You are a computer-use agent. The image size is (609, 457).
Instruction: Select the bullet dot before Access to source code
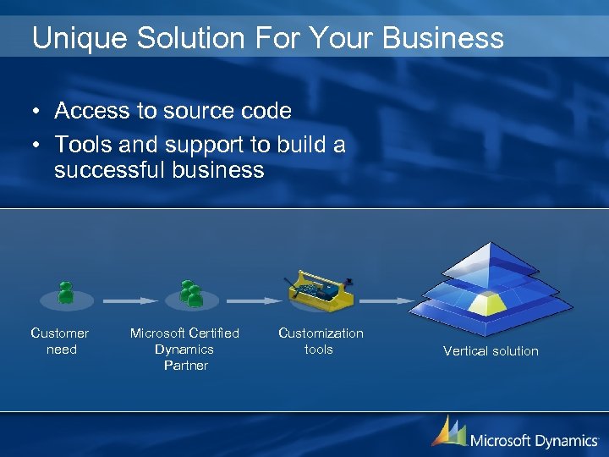[37, 112]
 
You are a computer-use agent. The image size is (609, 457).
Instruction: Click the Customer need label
[60, 341]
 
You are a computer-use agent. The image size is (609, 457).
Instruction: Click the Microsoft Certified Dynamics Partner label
[184, 349]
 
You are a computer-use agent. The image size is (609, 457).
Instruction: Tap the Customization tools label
[321, 341]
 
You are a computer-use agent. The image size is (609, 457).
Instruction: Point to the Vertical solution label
[491, 351]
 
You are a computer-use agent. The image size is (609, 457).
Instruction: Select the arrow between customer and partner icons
[129, 300]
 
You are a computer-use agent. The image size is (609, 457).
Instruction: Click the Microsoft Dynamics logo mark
[448, 431]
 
